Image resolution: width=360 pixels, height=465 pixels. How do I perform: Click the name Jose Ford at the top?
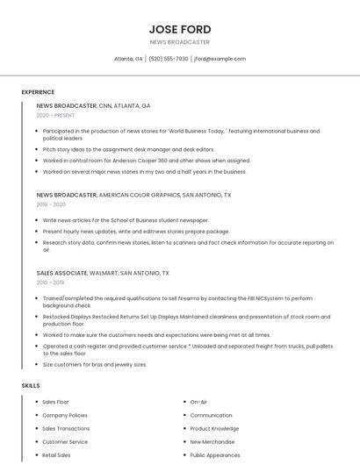(180, 29)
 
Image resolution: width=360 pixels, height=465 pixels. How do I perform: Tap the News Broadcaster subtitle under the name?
(180, 42)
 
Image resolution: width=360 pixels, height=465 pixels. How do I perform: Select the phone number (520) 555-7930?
(168, 59)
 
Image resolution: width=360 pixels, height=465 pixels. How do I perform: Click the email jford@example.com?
(220, 59)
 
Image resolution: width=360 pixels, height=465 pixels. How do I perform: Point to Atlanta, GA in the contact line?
(128, 59)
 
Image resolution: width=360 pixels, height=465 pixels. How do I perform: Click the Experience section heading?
(38, 92)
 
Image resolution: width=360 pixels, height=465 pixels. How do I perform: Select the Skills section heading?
(31, 385)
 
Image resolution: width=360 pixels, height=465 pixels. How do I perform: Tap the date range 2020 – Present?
(55, 115)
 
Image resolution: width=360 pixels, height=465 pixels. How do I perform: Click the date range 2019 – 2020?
(51, 204)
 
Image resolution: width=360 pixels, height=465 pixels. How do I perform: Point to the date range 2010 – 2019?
(50, 283)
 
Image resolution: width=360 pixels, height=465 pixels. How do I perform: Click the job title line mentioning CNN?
(93, 105)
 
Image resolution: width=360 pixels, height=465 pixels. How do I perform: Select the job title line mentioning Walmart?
(103, 273)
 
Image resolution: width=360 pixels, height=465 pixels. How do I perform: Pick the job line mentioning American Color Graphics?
(133, 195)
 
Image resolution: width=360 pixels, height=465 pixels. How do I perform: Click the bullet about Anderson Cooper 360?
(146, 161)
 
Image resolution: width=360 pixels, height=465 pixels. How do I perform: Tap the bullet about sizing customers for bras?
(95, 364)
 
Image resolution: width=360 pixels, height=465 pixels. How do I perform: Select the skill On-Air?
(198, 402)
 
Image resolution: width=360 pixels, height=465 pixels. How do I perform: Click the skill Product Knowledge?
(214, 429)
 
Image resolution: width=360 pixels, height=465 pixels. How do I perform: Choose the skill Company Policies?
(65, 415)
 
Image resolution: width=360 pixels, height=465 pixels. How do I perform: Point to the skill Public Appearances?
(215, 455)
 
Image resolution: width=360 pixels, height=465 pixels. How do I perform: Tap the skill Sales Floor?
(55, 402)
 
